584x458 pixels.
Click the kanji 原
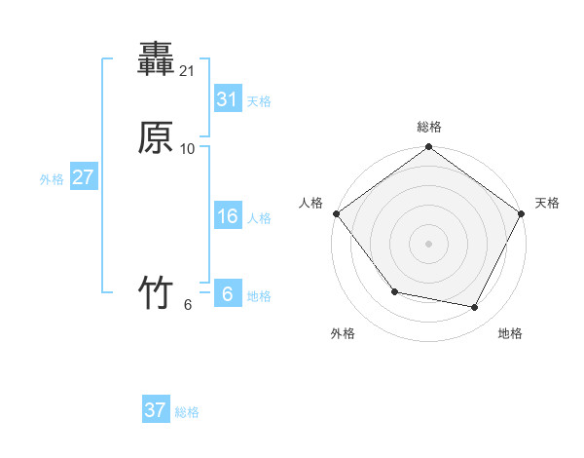click(x=156, y=138)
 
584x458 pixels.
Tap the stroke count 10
click(x=189, y=149)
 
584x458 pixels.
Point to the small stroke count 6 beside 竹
click(x=188, y=304)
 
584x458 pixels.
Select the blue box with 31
click(x=227, y=99)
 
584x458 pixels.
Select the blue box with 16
click(x=227, y=216)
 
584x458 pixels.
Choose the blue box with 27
click(x=83, y=177)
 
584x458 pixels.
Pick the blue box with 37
click(x=156, y=410)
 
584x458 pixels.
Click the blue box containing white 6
click(x=227, y=294)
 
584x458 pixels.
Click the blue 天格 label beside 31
click(x=259, y=101)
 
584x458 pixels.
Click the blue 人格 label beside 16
click(x=259, y=218)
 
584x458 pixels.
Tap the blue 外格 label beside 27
click(x=52, y=179)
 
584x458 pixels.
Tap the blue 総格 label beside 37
click(x=187, y=412)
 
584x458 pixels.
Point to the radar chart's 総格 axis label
click(x=429, y=127)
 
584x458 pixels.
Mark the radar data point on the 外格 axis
click(x=394, y=291)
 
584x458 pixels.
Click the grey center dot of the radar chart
click(x=429, y=244)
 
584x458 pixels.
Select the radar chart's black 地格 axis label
click(x=510, y=333)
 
